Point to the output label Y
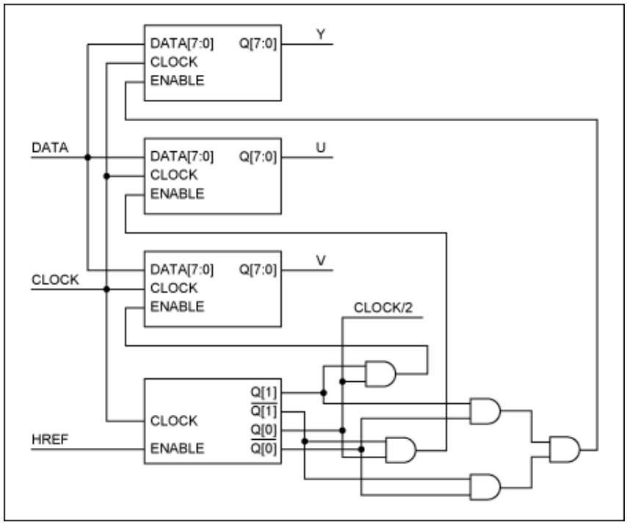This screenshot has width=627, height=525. pyautogui.click(x=321, y=35)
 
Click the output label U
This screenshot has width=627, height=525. pyautogui.click(x=321, y=148)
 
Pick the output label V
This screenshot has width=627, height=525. pyautogui.click(x=321, y=261)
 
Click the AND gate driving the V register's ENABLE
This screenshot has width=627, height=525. pyautogui.click(x=380, y=374)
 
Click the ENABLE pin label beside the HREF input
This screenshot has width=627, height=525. pyautogui.click(x=177, y=448)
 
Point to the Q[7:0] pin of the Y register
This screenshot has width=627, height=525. pyautogui.click(x=258, y=43)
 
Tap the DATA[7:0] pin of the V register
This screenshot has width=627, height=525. pyautogui.click(x=182, y=269)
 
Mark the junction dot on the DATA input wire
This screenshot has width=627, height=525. pyautogui.click(x=87, y=156)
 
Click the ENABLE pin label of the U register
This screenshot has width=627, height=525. pyautogui.click(x=177, y=194)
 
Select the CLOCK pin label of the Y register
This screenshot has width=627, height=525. pyautogui.click(x=174, y=62)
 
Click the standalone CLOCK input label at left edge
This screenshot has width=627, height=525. pyautogui.click(x=55, y=280)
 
